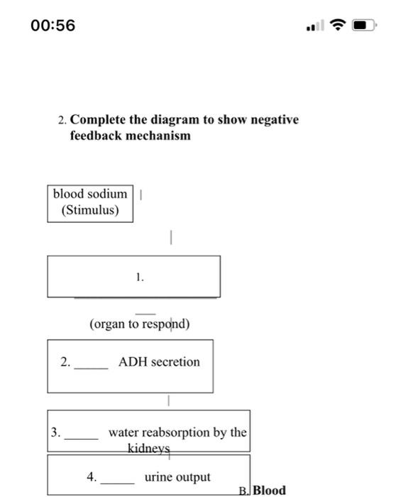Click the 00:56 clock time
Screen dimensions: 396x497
[53, 26]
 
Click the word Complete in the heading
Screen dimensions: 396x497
[99, 120]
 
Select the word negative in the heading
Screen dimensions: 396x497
[272, 120]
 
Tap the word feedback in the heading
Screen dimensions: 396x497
[96, 136]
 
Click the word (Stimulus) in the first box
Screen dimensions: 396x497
[90, 210]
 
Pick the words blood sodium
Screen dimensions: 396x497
[90, 194]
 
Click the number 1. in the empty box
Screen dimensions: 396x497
[140, 278]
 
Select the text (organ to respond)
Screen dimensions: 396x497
[140, 324]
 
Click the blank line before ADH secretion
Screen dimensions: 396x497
[92, 367]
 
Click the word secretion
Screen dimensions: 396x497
[175, 362]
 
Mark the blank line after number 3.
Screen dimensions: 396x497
[81, 437]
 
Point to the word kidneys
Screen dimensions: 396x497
[150, 449]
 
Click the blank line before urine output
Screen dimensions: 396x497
[117, 482]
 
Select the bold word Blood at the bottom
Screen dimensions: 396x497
[270, 490]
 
